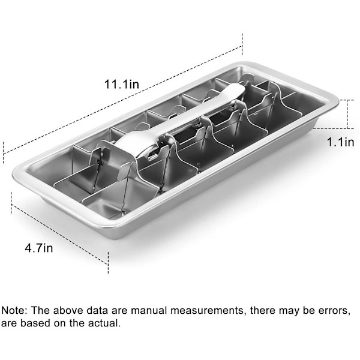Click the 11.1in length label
(122, 84)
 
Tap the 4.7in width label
(39, 248)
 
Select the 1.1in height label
(340, 142)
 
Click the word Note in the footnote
(14, 310)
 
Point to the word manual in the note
(149, 310)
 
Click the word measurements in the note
(206, 310)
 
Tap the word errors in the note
(334, 311)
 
